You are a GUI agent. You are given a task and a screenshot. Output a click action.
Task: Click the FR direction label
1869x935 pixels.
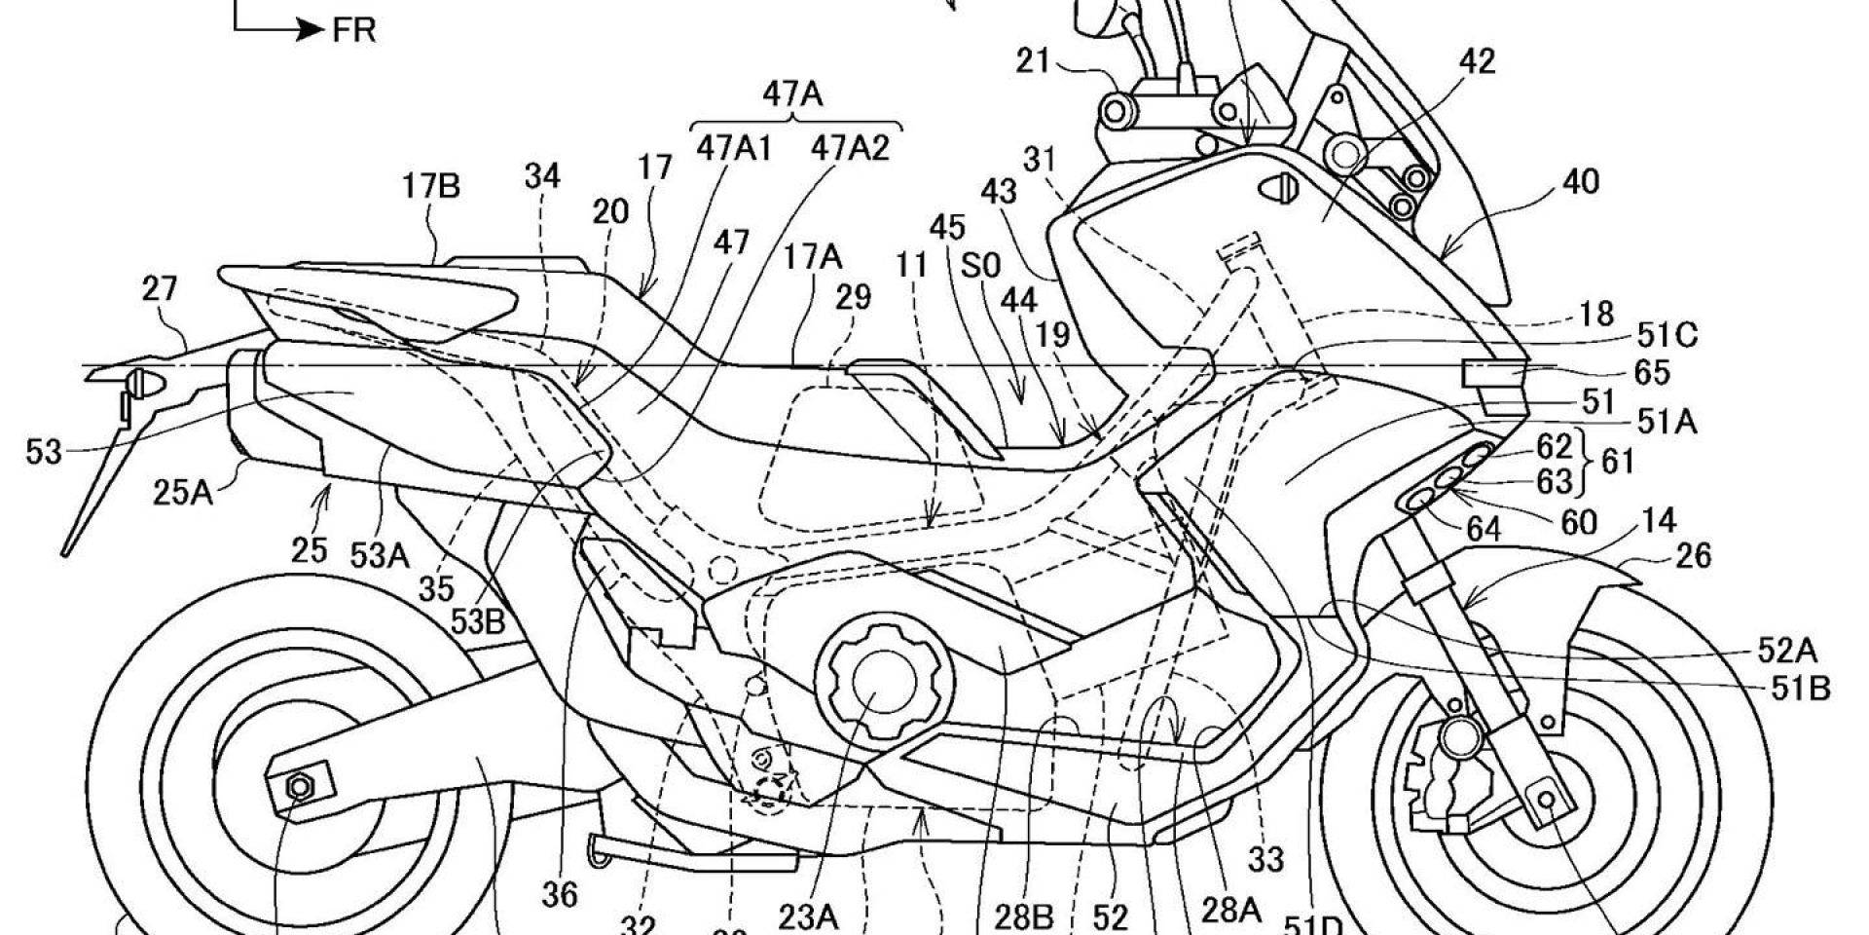[x=353, y=30]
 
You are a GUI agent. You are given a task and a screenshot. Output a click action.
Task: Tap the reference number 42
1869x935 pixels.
[x=1477, y=62]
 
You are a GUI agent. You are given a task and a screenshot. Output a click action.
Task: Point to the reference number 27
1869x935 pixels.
[x=159, y=289]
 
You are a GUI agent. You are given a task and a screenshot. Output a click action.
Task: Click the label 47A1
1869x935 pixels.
[x=734, y=148]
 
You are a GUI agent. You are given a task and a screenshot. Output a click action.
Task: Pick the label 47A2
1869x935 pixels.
[x=850, y=148]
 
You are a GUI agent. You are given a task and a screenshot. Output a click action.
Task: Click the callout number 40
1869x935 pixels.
[x=1581, y=182]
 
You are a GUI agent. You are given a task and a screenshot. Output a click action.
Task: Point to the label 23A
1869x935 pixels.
[x=808, y=916]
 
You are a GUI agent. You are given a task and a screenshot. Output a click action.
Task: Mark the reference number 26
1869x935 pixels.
[x=1693, y=555]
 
